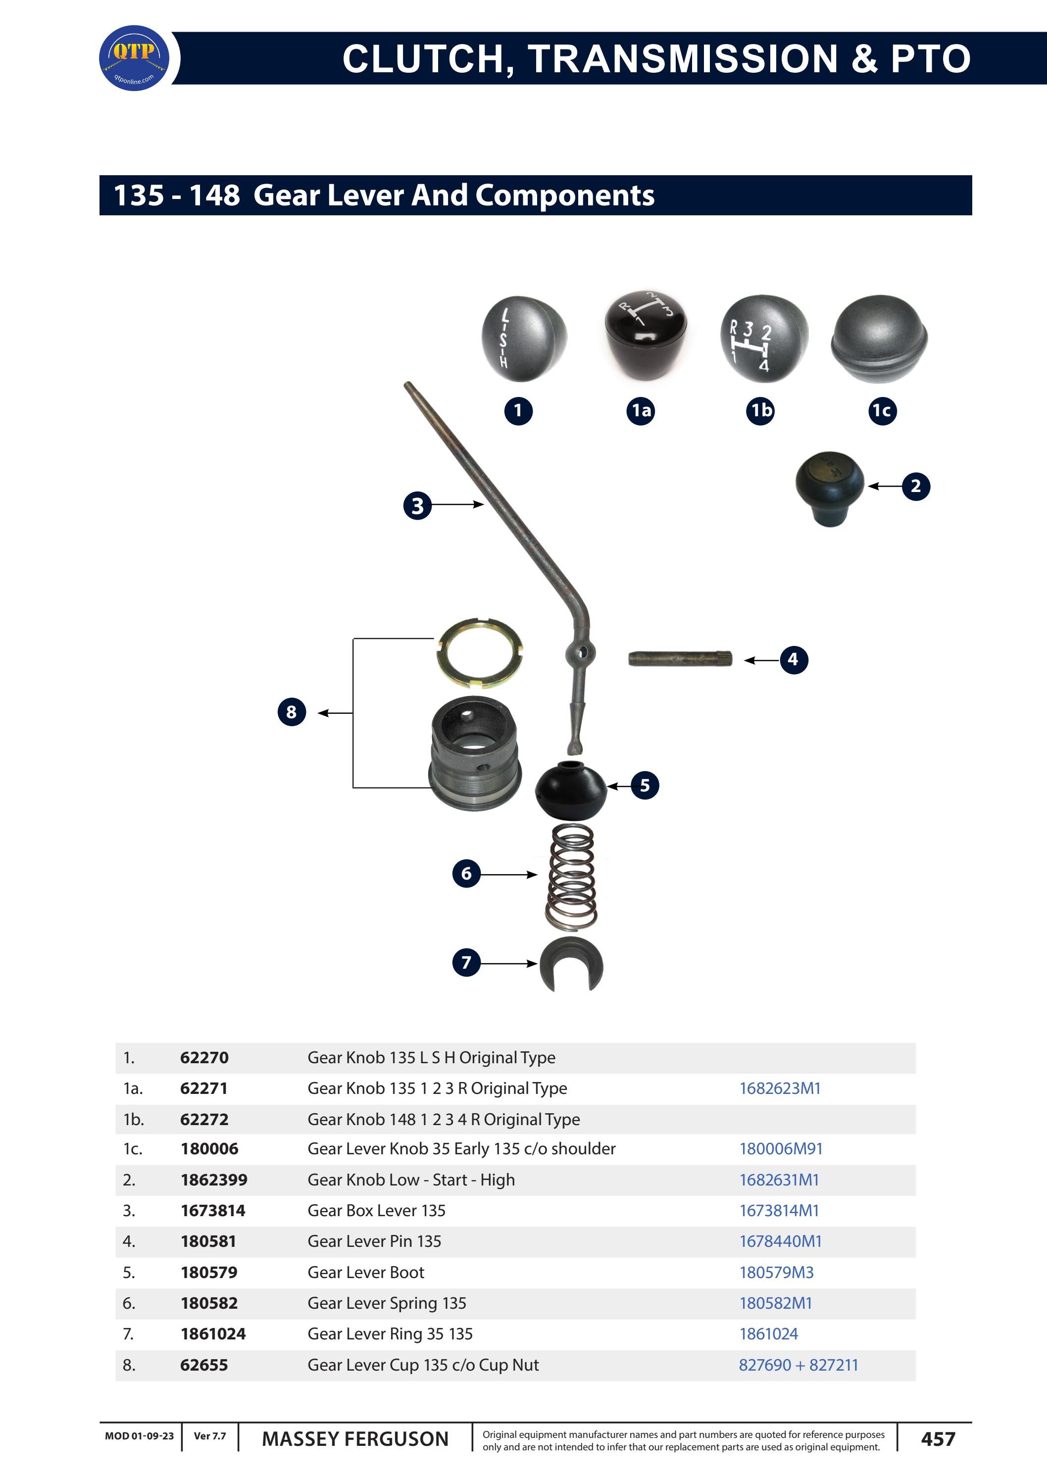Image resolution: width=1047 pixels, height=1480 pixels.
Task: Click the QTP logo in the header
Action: [x=134, y=58]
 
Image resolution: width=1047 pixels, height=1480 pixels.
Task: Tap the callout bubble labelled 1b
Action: [x=761, y=411]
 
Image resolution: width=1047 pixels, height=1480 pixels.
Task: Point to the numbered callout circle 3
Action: [x=418, y=505]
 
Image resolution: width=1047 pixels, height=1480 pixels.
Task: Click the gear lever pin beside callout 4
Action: [x=680, y=659]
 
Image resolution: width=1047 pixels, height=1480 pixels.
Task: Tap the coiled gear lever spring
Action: [x=571, y=877]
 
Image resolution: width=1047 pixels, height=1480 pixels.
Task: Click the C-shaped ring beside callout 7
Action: [x=571, y=964]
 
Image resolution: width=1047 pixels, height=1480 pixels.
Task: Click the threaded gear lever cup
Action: [x=475, y=753]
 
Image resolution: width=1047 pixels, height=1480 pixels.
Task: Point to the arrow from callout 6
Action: [x=509, y=875]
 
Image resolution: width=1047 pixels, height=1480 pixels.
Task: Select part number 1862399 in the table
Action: [x=213, y=1180]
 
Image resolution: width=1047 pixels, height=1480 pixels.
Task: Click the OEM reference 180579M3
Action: [x=776, y=1273]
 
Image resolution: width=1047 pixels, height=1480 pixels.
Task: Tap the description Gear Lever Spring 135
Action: [x=387, y=1303]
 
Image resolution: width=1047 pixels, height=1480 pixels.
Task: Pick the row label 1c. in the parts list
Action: [x=133, y=1149]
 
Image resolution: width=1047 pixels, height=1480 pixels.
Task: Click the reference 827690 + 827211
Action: [x=798, y=1365]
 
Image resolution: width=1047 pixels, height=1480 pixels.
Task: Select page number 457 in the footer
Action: [x=938, y=1439]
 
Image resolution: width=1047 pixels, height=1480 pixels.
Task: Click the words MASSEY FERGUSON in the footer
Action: [x=354, y=1439]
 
